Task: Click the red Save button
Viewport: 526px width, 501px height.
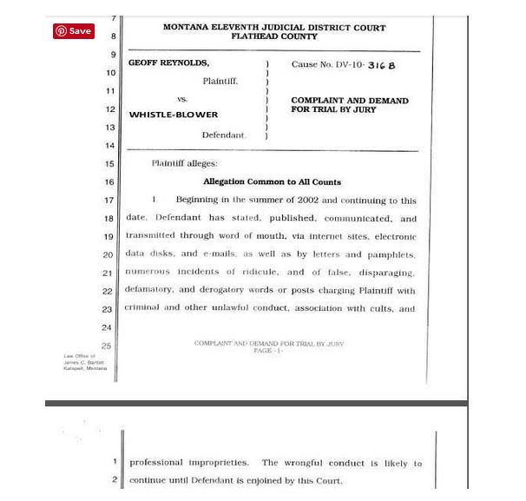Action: [x=73, y=31]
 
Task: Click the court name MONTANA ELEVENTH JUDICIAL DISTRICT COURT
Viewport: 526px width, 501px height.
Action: [x=274, y=28]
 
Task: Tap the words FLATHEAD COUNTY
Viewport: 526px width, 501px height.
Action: [x=274, y=36]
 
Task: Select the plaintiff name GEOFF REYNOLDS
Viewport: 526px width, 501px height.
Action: [x=168, y=63]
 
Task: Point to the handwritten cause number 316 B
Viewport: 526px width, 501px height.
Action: [x=381, y=65]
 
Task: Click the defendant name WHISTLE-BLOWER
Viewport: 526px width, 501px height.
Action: [x=174, y=115]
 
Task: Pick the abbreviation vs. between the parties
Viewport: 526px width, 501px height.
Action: [x=182, y=99]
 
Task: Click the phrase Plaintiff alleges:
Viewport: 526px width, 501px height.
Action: [x=184, y=163]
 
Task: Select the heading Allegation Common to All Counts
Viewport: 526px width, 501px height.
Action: [x=272, y=181]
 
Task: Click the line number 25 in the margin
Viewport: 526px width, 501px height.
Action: [x=106, y=346]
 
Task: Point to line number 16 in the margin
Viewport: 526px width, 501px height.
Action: [x=109, y=182]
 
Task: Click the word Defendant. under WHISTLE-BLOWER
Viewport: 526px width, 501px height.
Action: [x=224, y=135]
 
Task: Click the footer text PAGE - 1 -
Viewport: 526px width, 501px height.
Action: [x=268, y=351]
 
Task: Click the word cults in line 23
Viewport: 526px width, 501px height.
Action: [x=377, y=308]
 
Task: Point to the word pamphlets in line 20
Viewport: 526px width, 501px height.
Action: [x=392, y=254]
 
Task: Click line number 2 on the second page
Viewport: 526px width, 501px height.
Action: [x=114, y=480]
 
